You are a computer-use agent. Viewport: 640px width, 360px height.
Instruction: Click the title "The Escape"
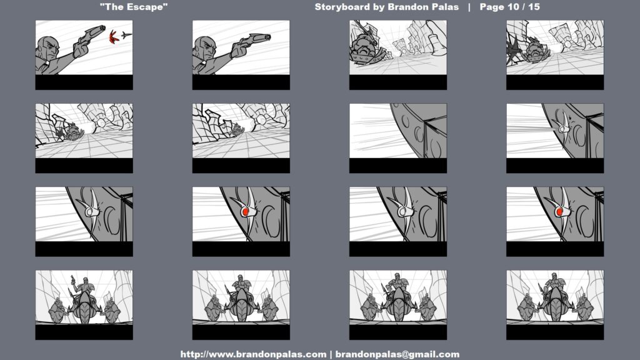(134, 7)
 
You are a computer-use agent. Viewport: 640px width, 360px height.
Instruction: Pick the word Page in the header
(492, 7)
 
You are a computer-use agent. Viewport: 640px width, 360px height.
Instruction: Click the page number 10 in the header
(512, 7)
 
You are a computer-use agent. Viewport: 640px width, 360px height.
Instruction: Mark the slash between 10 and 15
(523, 7)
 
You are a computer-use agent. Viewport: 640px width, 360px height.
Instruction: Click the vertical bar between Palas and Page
(469, 7)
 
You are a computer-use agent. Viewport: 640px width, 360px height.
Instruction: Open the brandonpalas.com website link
(253, 354)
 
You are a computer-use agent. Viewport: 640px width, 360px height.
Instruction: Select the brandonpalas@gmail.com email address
(397, 354)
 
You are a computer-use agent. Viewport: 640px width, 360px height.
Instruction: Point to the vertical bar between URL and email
(331, 354)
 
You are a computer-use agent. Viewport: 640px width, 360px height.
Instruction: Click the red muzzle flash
(113, 37)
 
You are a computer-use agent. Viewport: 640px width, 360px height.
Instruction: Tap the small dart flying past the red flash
(126, 35)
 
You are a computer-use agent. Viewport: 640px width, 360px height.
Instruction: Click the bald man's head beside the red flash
(47, 48)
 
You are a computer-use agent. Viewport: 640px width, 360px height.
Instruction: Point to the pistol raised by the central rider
(72, 279)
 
